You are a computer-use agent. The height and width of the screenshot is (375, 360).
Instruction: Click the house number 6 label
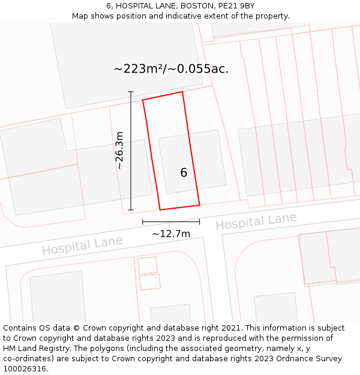pyautogui.click(x=184, y=173)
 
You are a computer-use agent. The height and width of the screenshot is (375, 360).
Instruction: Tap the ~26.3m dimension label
pyautogui.click(x=119, y=150)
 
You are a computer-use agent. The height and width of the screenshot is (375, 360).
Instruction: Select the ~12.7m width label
pyautogui.click(x=171, y=233)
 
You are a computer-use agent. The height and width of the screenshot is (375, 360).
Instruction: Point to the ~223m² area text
pyautogui.click(x=135, y=69)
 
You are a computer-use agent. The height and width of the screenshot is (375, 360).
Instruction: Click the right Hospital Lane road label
pyautogui.click(x=256, y=221)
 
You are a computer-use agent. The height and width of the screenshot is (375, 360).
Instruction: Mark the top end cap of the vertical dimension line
pyautogui.click(x=131, y=91)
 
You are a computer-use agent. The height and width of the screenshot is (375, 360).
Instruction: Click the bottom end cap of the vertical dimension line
pyautogui.click(x=131, y=210)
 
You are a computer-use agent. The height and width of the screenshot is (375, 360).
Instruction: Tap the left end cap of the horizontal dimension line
pyautogui.click(x=143, y=222)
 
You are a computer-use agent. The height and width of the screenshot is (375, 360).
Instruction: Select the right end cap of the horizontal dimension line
pyautogui.click(x=199, y=222)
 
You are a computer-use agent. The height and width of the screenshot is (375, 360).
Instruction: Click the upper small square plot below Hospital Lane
pyautogui.click(x=147, y=265)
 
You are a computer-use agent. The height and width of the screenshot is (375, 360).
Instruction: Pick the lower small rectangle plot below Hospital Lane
pyautogui.click(x=150, y=282)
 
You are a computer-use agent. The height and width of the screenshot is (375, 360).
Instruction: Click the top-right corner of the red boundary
pyautogui.click(x=182, y=92)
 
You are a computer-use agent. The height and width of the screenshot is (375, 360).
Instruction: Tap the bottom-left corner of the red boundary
pyautogui.click(x=160, y=210)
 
